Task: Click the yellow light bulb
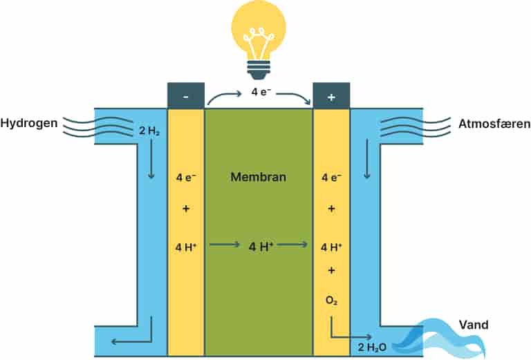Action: [x=258, y=31]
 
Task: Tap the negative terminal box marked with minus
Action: [x=186, y=96]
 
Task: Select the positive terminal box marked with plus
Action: [x=331, y=96]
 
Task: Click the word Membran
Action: [x=258, y=177]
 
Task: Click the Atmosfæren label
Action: [x=494, y=124]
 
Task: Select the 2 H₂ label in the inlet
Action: [x=149, y=129]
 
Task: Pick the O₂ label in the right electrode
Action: [x=331, y=301]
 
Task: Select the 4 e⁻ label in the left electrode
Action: [x=186, y=177]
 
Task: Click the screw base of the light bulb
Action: [x=258, y=68]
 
